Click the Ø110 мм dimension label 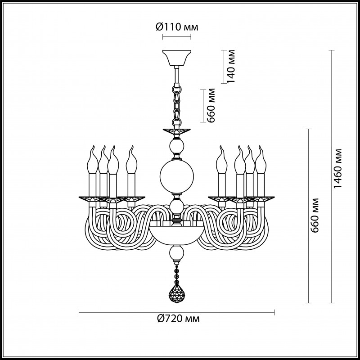pyautogui.click(x=176, y=27)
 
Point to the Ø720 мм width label pyautogui.click(x=178, y=319)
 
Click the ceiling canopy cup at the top pyautogui.click(x=176, y=57)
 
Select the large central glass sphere pyautogui.click(x=177, y=176)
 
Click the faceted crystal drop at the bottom pyautogui.click(x=177, y=293)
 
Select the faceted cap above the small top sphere pyautogui.click(x=176, y=133)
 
